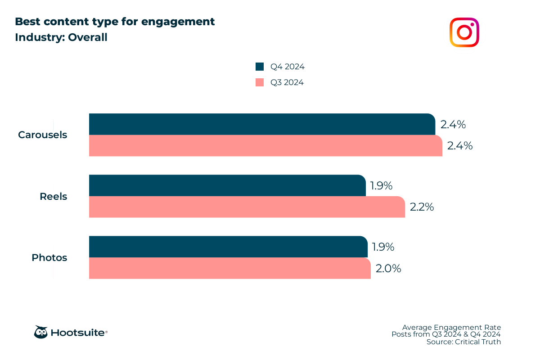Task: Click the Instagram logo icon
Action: coord(464,32)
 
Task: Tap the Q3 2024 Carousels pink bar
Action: coord(265,146)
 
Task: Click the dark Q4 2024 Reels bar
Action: coord(227,185)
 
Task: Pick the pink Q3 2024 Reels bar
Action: coord(247,207)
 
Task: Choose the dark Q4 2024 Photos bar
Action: coord(228,247)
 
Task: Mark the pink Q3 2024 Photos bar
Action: coord(229,268)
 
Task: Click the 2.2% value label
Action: coord(422,207)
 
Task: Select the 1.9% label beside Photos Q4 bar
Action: coord(383,247)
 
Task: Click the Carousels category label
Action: coord(43,135)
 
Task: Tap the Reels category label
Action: coord(53,197)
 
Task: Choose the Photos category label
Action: coord(49,258)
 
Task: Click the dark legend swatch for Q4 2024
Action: coord(260,67)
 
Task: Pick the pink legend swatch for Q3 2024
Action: coord(260,82)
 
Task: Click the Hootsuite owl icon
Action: coord(41,332)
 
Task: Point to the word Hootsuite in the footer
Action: coord(79,333)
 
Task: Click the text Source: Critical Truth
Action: coord(463,342)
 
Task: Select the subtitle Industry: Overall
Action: coord(61,37)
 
